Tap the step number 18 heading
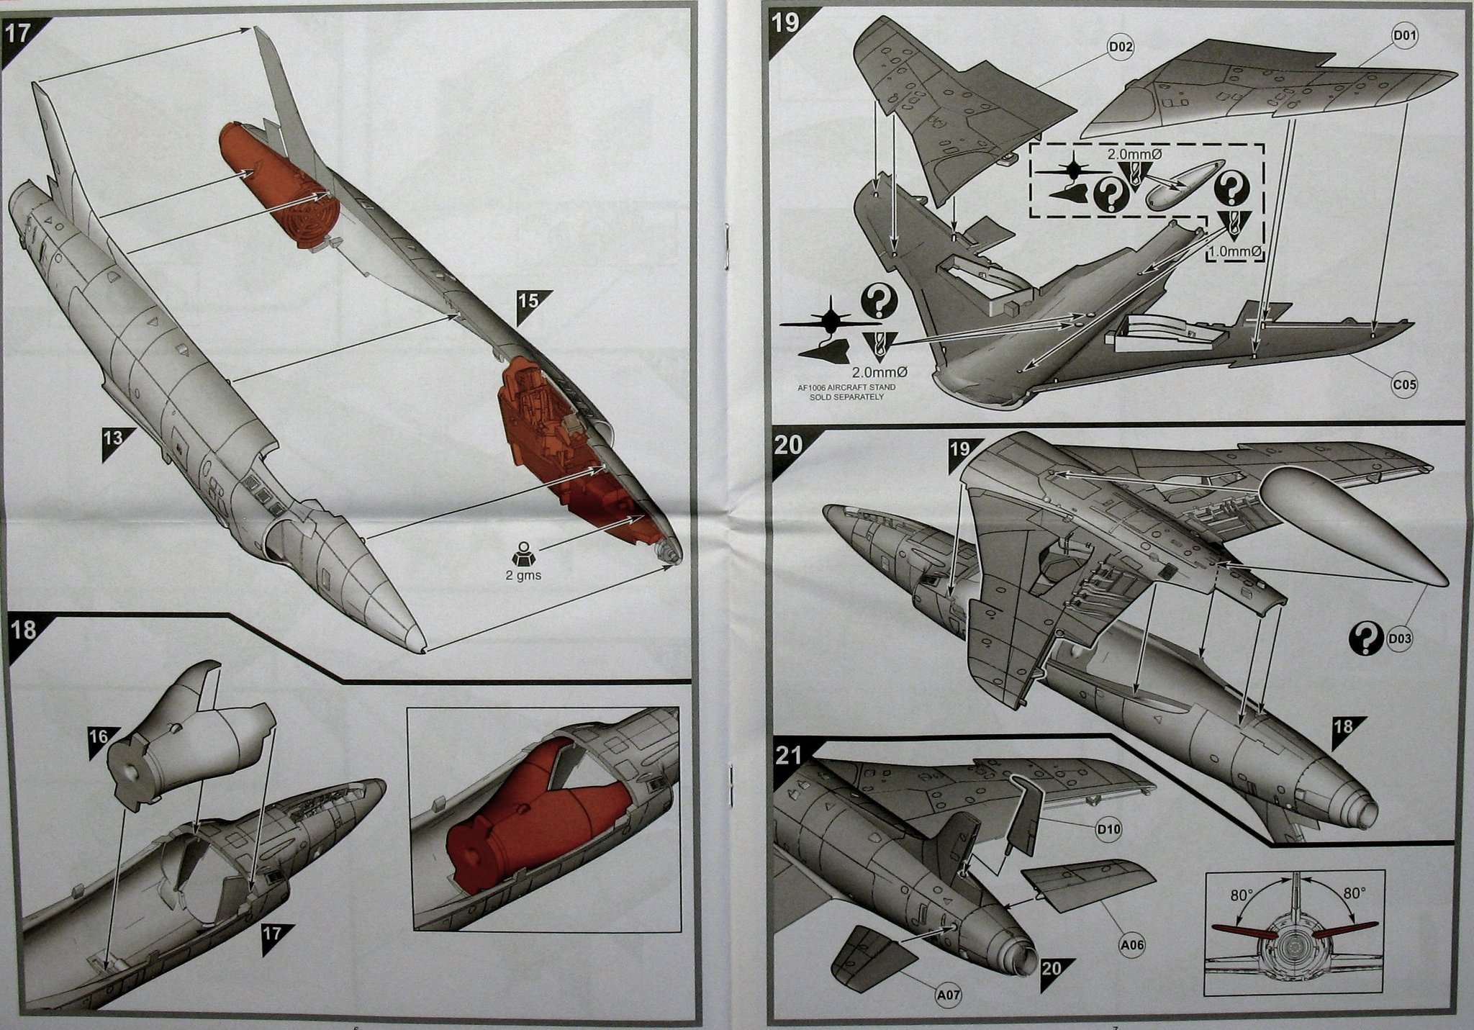pos(24,630)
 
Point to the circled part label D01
pos(1404,35)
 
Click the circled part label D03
pos(1398,638)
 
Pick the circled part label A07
pos(950,995)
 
